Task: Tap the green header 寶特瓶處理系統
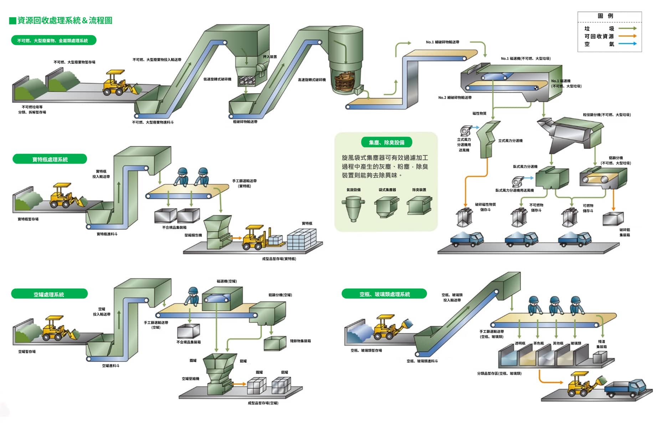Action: point(50,159)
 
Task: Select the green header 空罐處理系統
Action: point(49,294)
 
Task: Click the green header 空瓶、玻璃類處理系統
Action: point(384,294)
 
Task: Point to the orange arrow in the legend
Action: point(627,36)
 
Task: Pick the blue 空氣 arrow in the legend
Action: point(627,44)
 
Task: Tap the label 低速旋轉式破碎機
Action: point(217,79)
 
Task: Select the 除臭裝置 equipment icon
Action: point(420,206)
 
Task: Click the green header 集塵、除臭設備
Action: point(386,142)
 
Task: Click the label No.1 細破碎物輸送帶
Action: point(442,42)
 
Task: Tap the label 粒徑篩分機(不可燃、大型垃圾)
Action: point(606,115)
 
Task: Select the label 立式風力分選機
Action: point(510,141)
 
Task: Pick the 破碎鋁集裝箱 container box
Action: point(613,219)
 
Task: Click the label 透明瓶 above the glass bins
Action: point(520,343)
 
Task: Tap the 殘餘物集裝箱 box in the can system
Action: point(275,343)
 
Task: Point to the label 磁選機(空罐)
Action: point(226,281)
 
